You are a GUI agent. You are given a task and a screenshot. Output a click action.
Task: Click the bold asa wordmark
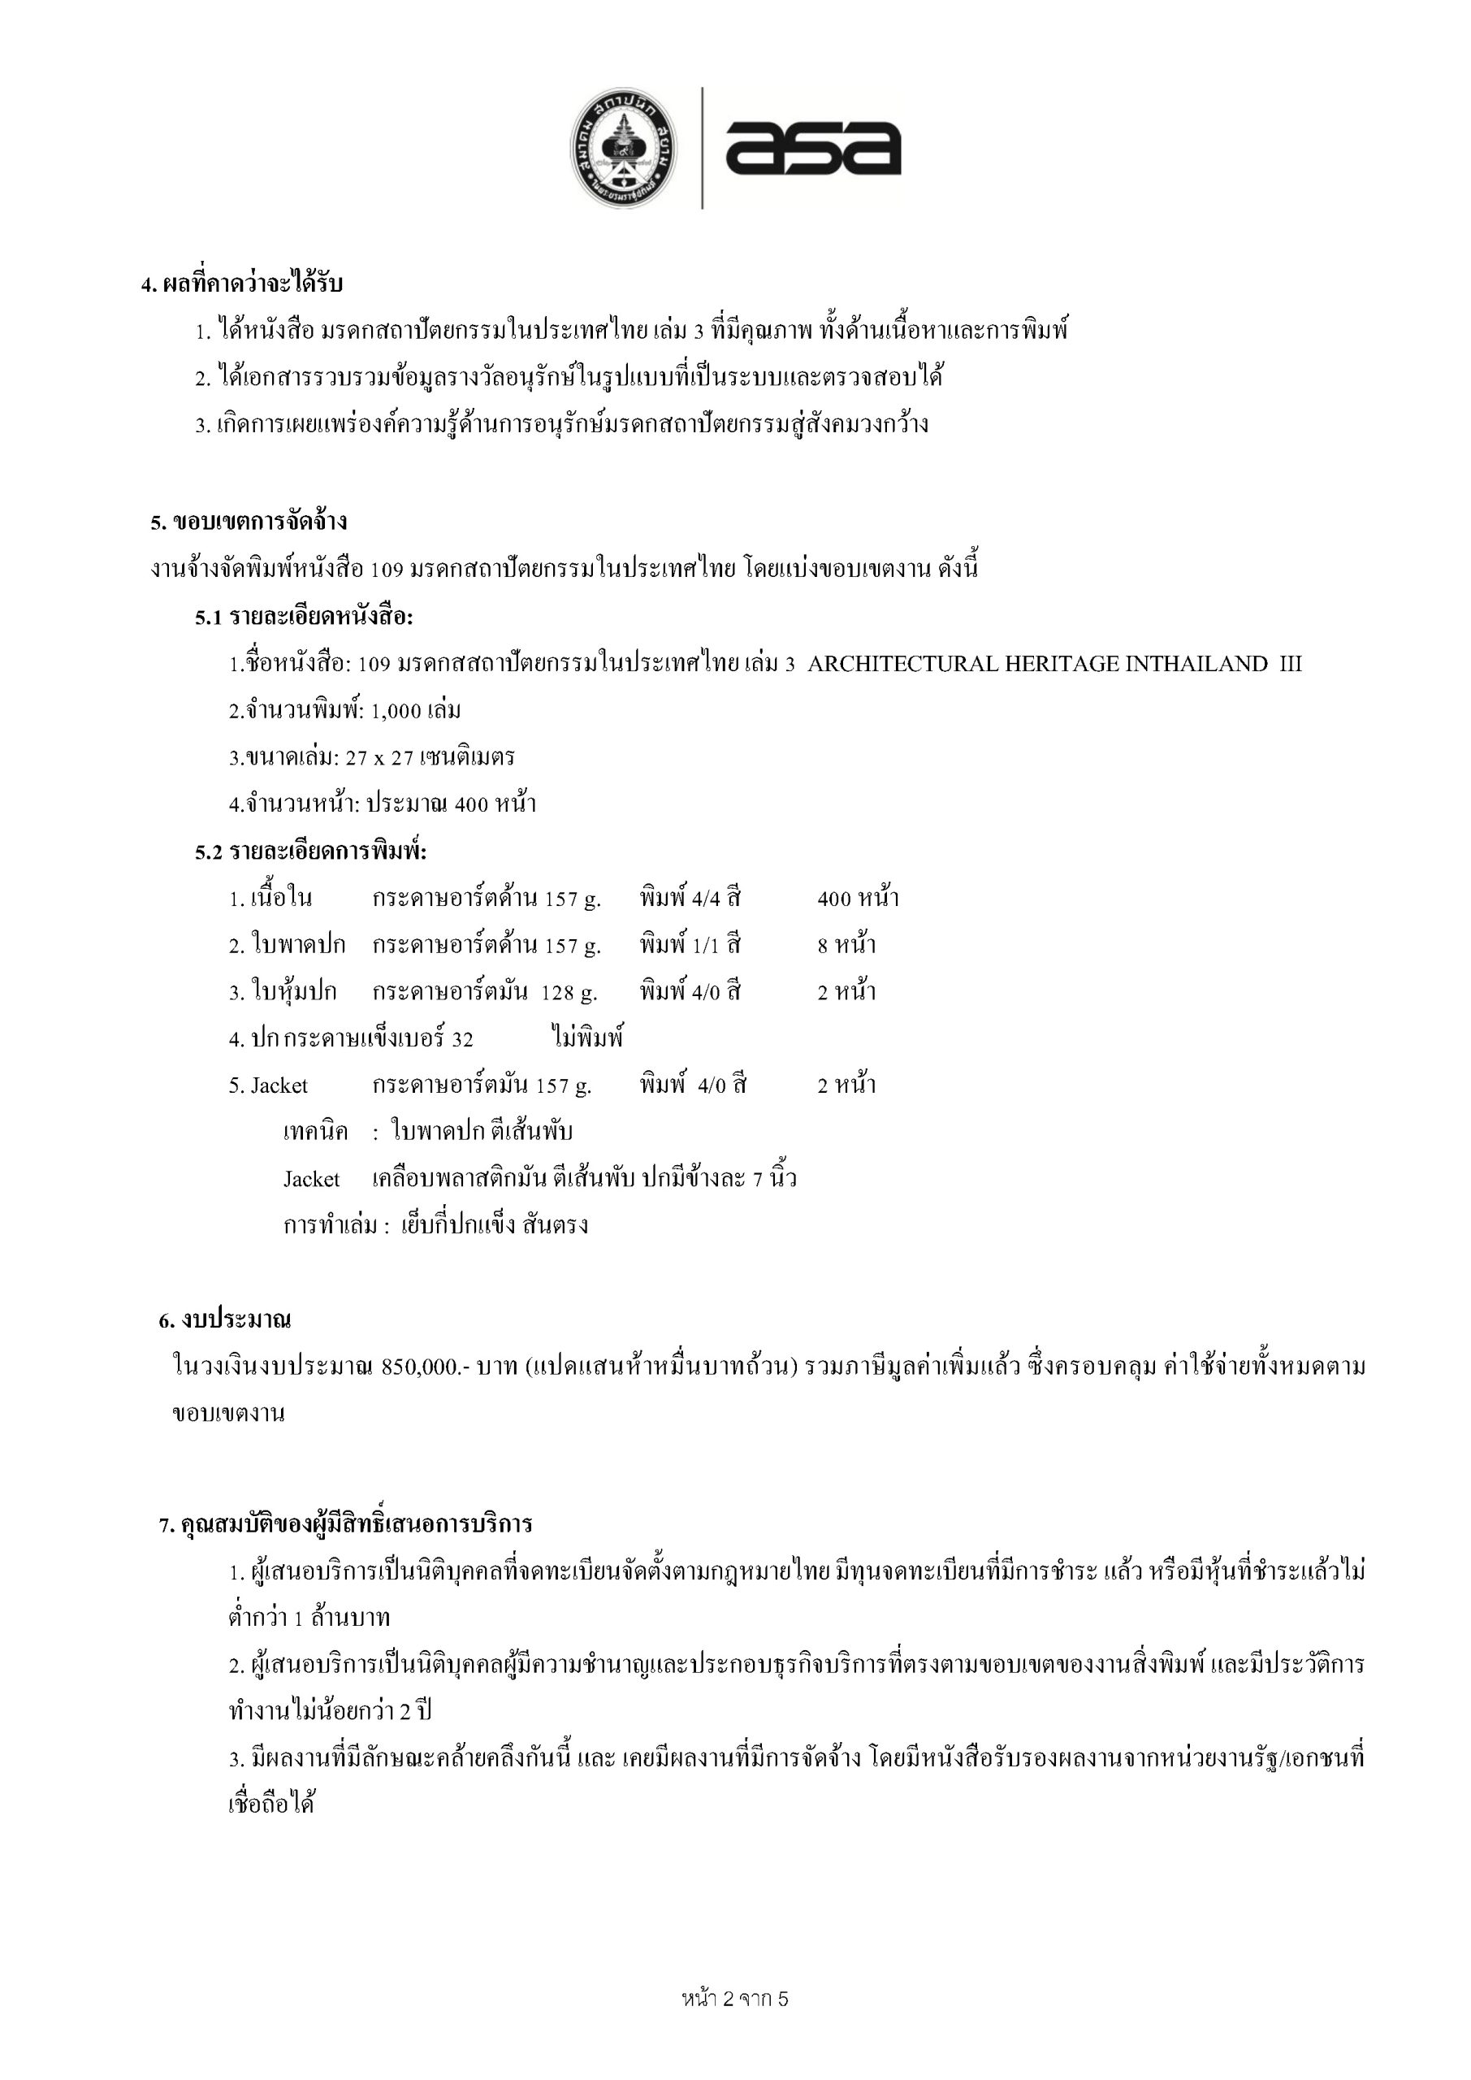(812, 148)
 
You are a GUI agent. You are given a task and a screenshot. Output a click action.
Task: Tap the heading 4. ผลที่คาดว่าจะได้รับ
(242, 284)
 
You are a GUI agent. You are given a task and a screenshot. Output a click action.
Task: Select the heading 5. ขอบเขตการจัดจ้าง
(249, 522)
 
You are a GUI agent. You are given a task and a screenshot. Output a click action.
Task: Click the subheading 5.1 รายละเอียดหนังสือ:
(305, 617)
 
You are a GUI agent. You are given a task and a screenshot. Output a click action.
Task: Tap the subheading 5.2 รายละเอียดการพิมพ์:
(310, 851)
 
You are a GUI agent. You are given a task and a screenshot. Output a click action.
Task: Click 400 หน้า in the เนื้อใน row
(858, 899)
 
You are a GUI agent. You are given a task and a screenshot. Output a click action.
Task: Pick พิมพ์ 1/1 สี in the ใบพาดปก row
(690, 946)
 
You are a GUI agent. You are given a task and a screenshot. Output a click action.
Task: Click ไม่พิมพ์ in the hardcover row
(587, 1038)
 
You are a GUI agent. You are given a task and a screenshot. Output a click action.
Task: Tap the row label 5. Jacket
(268, 1086)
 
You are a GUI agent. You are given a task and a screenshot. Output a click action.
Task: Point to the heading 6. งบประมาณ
(225, 1320)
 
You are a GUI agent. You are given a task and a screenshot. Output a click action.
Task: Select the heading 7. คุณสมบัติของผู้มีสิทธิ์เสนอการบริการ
(345, 1525)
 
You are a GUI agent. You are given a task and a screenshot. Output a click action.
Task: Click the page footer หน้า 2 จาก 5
(734, 1999)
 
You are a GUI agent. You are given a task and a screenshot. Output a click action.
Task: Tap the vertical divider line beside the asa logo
(703, 149)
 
